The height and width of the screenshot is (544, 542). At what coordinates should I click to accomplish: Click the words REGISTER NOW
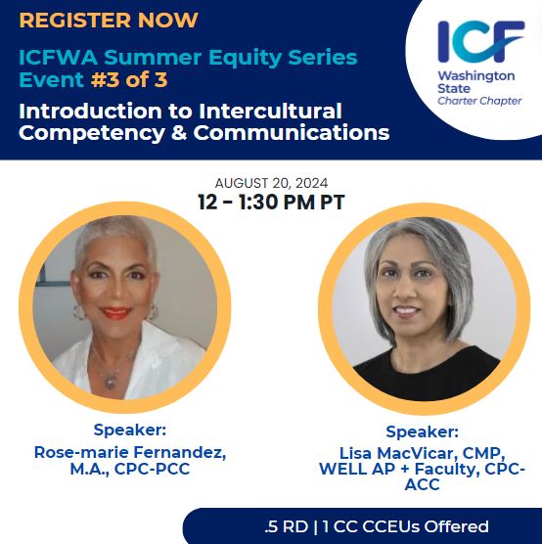109,20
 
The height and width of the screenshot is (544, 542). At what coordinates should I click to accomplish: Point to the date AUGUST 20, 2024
271,183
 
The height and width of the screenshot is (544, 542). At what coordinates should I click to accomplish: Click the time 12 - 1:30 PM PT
271,204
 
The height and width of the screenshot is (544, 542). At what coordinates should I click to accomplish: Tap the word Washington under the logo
476,75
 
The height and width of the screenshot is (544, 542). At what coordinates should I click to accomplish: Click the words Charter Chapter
479,101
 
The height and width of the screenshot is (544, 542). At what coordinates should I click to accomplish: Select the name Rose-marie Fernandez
115,452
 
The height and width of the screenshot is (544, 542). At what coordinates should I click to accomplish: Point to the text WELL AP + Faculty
390,469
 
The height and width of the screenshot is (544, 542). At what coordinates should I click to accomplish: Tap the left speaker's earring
155,312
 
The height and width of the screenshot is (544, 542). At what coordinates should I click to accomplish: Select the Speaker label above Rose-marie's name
130,430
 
